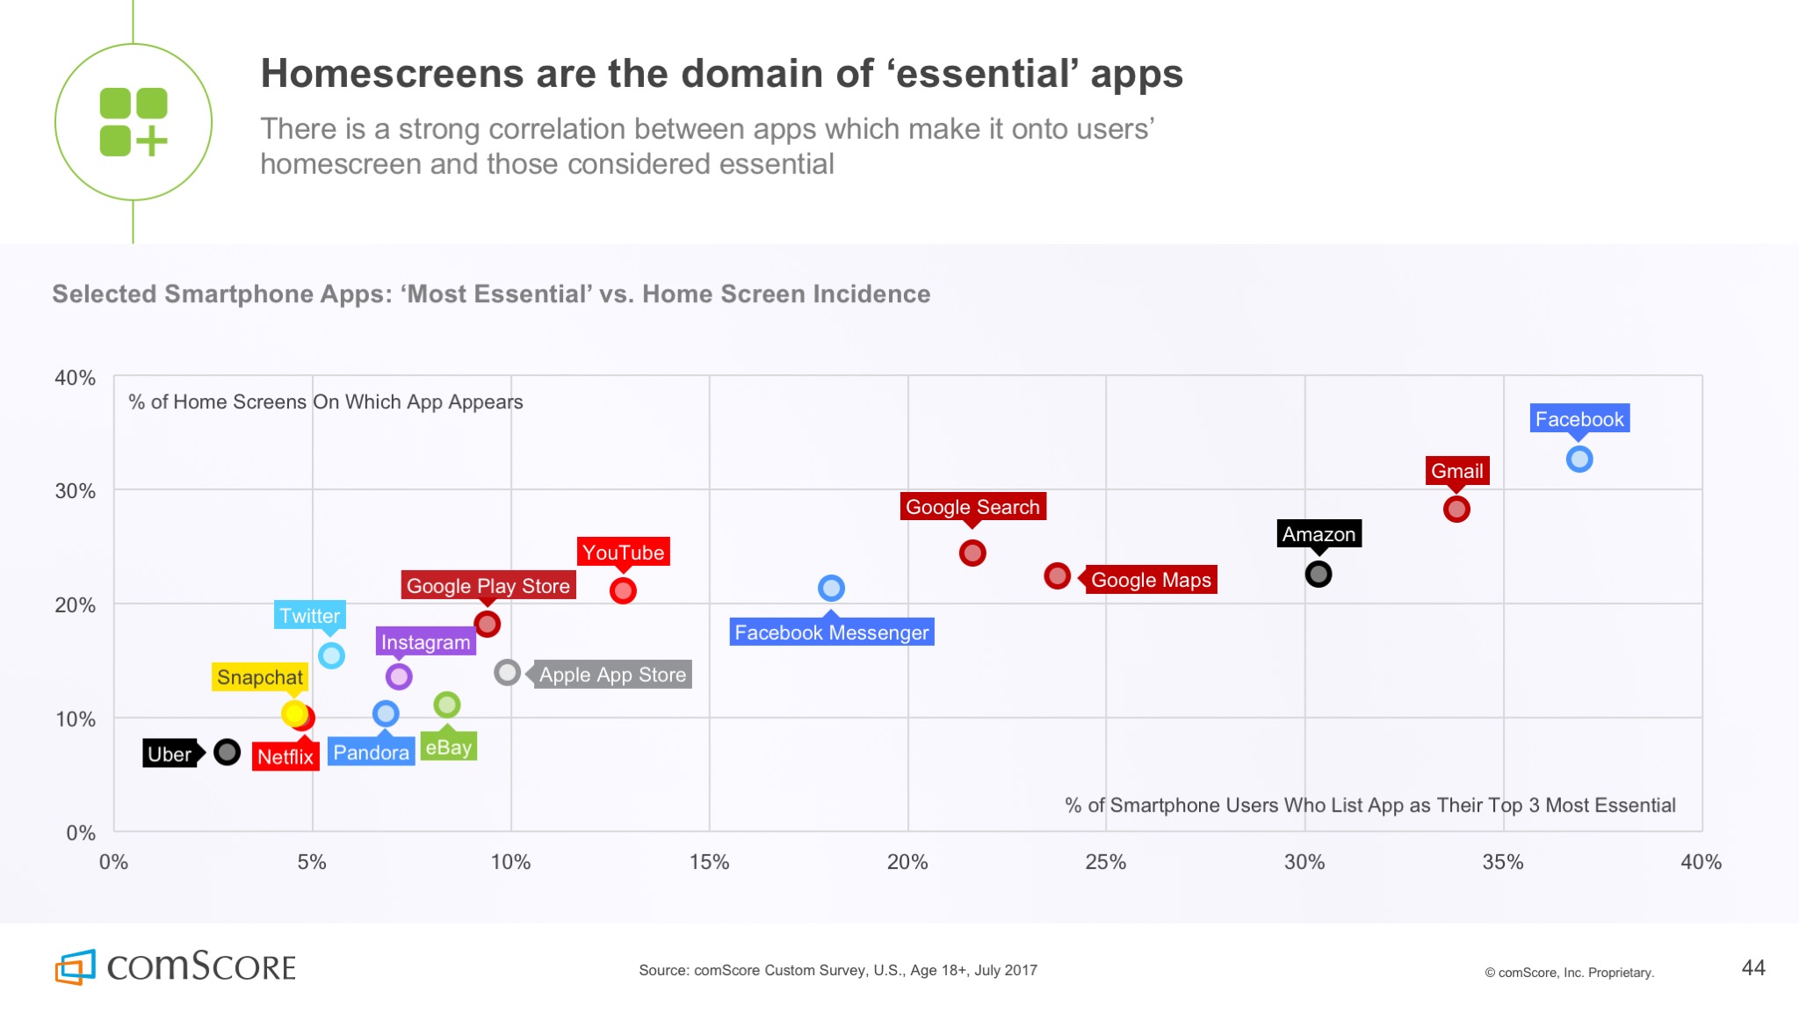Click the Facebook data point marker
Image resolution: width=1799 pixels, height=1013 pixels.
click(x=1579, y=459)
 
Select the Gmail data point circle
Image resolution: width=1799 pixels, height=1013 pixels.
click(x=1456, y=509)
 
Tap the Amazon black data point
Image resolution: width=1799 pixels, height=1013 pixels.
click(x=1318, y=574)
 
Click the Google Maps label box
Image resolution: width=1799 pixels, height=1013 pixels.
click(x=1151, y=580)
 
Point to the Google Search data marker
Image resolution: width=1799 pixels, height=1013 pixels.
click(x=972, y=553)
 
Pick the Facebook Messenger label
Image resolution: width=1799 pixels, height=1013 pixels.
click(x=831, y=633)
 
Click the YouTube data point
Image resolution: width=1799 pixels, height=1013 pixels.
click(x=623, y=590)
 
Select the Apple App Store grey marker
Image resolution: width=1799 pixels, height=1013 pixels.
click(x=507, y=673)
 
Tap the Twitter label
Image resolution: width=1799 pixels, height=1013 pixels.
click(x=310, y=616)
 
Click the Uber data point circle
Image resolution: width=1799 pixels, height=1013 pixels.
click(x=227, y=752)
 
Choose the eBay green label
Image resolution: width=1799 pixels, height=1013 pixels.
click(x=448, y=748)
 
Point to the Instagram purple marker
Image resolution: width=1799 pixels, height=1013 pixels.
click(x=399, y=677)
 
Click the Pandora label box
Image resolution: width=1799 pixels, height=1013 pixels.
click(x=371, y=753)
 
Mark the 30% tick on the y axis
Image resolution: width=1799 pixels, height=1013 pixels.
click(x=76, y=491)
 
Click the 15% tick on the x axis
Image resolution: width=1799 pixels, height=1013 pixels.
click(x=709, y=862)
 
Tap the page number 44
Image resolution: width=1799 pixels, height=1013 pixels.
click(x=1752, y=968)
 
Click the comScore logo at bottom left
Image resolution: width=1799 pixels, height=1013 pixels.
click(x=176, y=966)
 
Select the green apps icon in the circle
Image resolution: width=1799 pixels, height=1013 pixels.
click(x=134, y=122)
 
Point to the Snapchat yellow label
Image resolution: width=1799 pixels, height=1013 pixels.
click(x=259, y=677)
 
